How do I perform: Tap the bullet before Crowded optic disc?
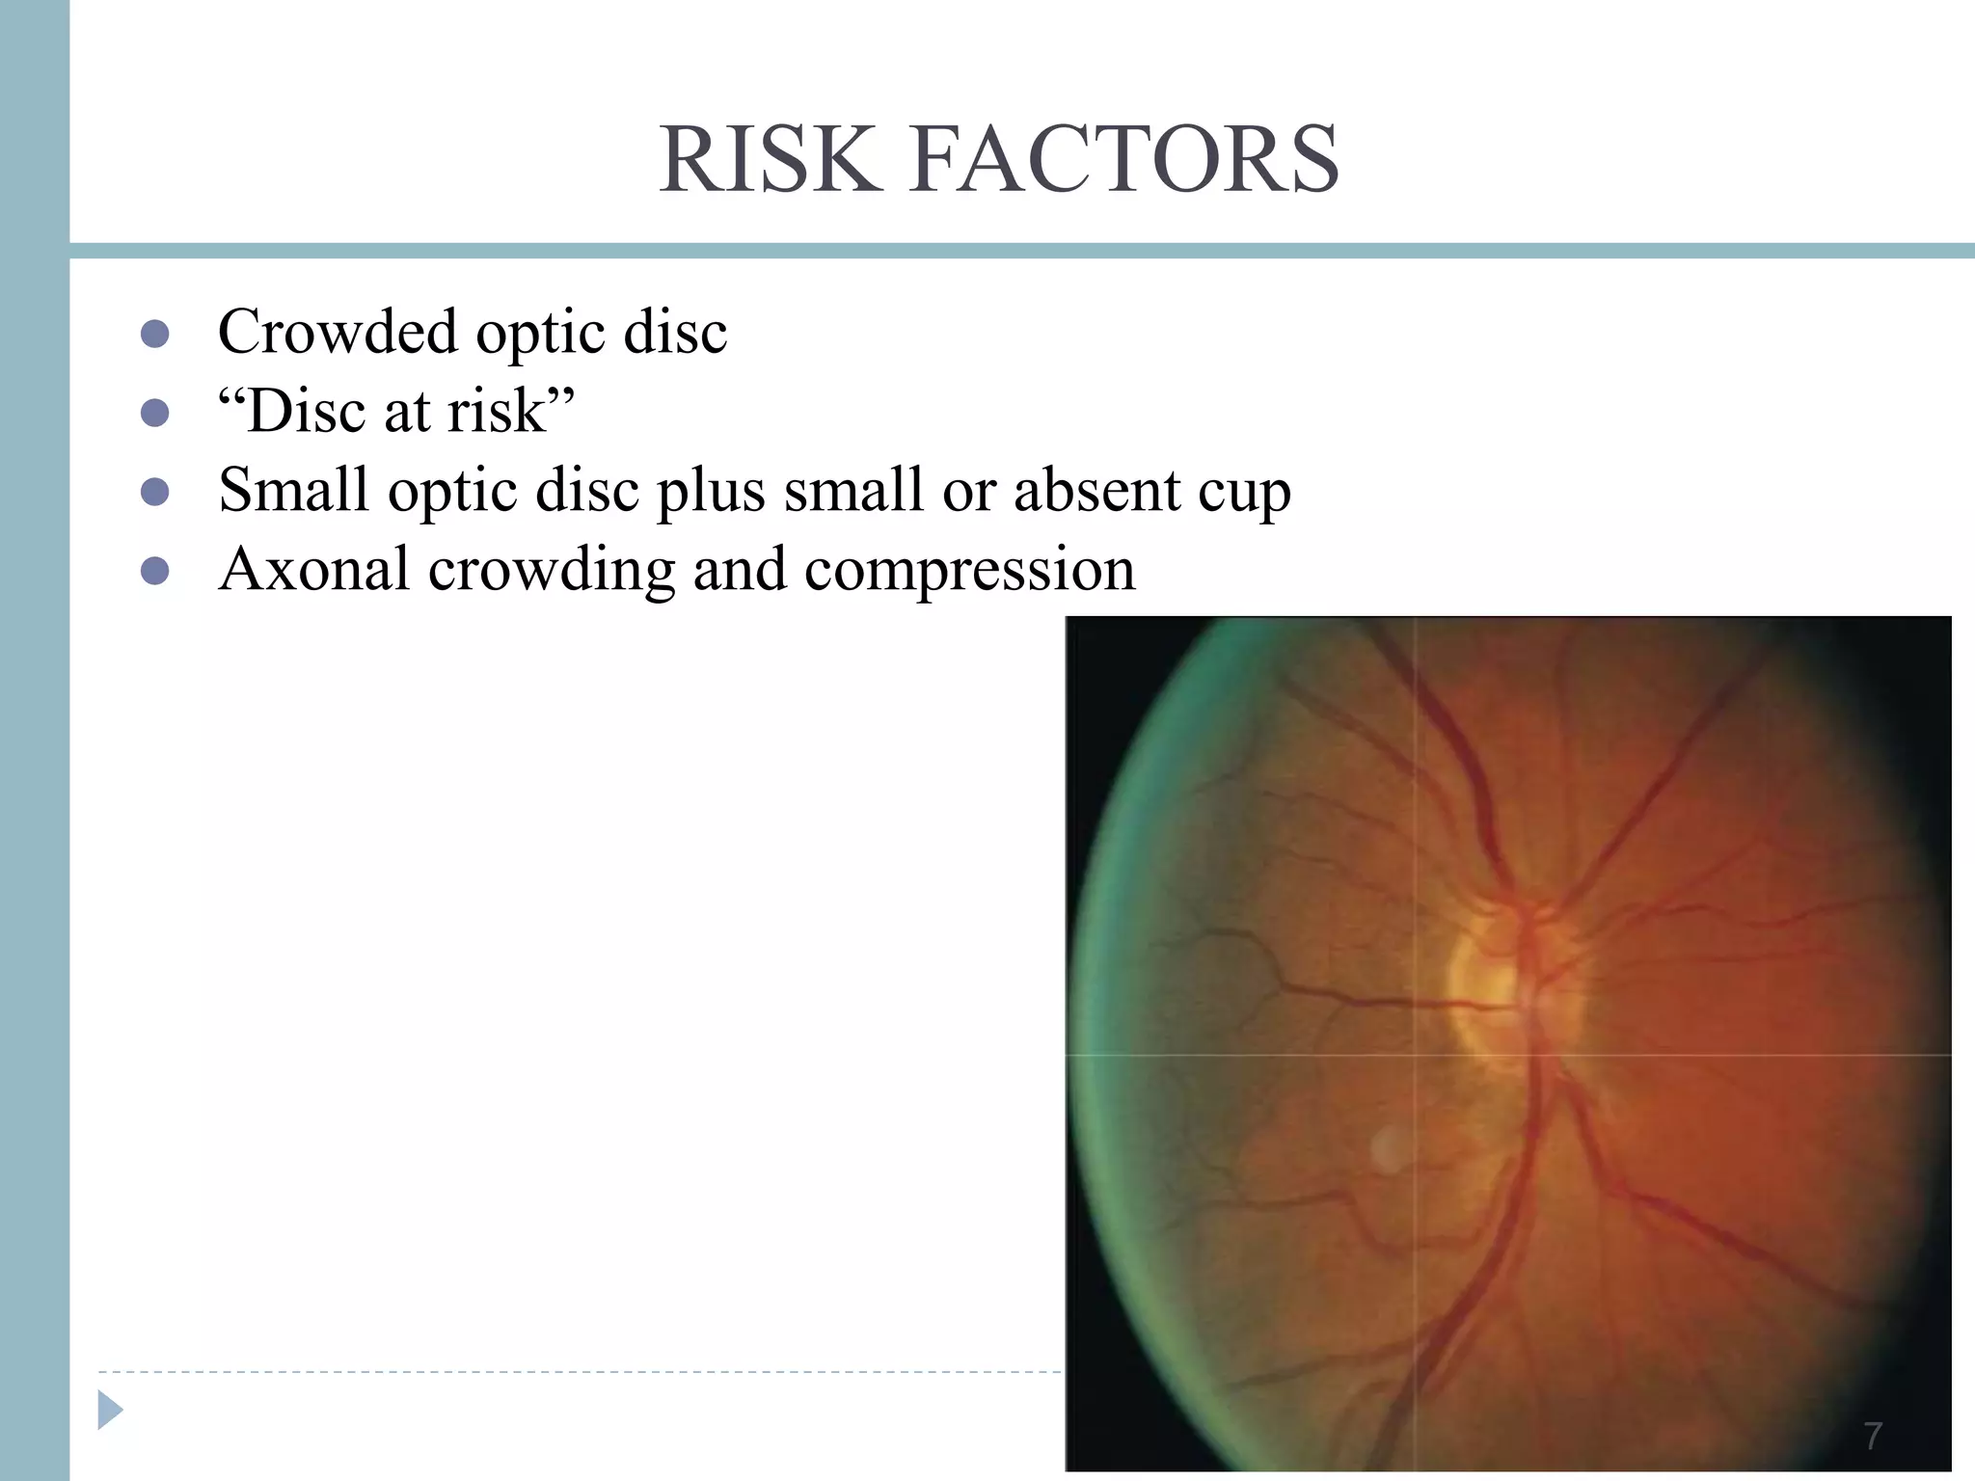155,334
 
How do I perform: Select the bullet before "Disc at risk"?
155,413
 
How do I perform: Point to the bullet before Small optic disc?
155,492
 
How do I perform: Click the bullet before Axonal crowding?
155,571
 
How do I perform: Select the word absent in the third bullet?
1096,490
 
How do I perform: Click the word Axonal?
314,569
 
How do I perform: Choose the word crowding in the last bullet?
552,571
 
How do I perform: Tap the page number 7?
1873,1436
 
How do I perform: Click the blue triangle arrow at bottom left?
110,1411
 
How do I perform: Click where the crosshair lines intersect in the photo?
1415,1055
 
